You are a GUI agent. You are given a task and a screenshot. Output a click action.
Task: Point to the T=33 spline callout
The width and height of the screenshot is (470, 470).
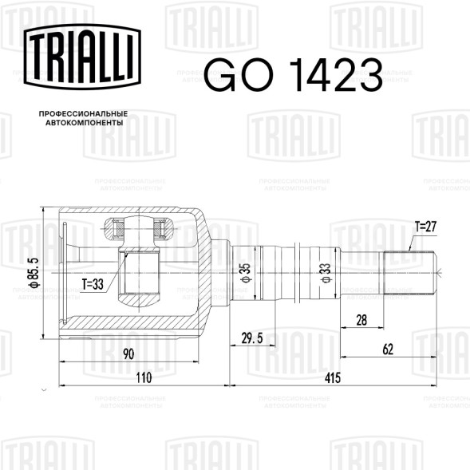pos(94,282)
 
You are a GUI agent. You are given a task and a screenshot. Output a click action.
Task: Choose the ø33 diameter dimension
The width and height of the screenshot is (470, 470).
pos(326,271)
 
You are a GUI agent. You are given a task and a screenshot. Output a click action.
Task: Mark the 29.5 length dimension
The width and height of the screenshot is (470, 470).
pos(252,339)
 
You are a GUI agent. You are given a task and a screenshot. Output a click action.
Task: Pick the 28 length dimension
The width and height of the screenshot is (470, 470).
pos(362,322)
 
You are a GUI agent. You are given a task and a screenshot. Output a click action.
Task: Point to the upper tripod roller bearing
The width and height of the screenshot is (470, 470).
pos(140,232)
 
